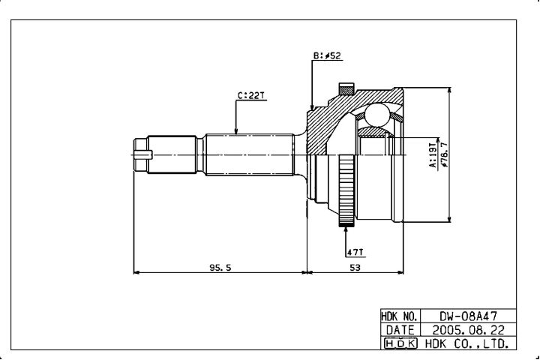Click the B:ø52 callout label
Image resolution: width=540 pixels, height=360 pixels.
point(327,55)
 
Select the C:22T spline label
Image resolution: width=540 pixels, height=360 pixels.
point(251,95)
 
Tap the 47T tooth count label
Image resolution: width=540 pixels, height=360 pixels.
point(355,252)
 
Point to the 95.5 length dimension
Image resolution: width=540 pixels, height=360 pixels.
point(220,267)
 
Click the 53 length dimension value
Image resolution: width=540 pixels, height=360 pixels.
point(355,267)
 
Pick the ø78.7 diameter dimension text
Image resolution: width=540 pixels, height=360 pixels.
point(444,154)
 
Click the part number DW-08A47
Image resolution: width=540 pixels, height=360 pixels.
point(468,316)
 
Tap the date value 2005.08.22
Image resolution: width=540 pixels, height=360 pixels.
point(468,330)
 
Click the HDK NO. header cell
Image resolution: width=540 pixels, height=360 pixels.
point(400,316)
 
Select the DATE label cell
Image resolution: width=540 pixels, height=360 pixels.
point(400,330)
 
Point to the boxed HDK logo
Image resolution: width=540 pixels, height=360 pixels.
point(400,343)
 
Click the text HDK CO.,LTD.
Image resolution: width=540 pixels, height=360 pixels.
point(467,343)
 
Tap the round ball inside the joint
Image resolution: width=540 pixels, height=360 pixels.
point(377,115)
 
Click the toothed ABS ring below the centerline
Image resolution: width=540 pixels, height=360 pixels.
point(346,190)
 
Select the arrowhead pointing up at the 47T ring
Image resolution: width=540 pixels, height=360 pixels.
point(346,229)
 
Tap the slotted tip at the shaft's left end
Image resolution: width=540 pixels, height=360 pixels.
point(143,154)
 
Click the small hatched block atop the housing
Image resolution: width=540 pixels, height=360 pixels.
point(346,89)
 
